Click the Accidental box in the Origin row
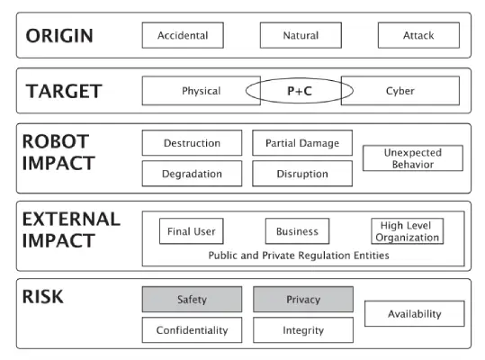click(x=183, y=35)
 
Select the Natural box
click(x=301, y=35)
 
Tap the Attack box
click(x=418, y=35)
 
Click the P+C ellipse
click(x=300, y=78)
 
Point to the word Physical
click(x=201, y=91)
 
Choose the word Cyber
click(x=400, y=91)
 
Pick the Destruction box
click(x=192, y=143)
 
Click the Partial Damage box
click(x=302, y=143)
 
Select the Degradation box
click(x=192, y=174)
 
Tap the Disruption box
click(x=302, y=174)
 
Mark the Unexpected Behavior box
click(x=413, y=158)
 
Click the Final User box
click(x=192, y=231)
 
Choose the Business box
click(x=297, y=231)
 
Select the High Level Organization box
click(x=407, y=231)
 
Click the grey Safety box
click(x=192, y=299)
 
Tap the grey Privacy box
click(x=303, y=299)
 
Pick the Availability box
click(x=415, y=313)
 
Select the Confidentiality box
click(x=192, y=330)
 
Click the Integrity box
click(x=303, y=330)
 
